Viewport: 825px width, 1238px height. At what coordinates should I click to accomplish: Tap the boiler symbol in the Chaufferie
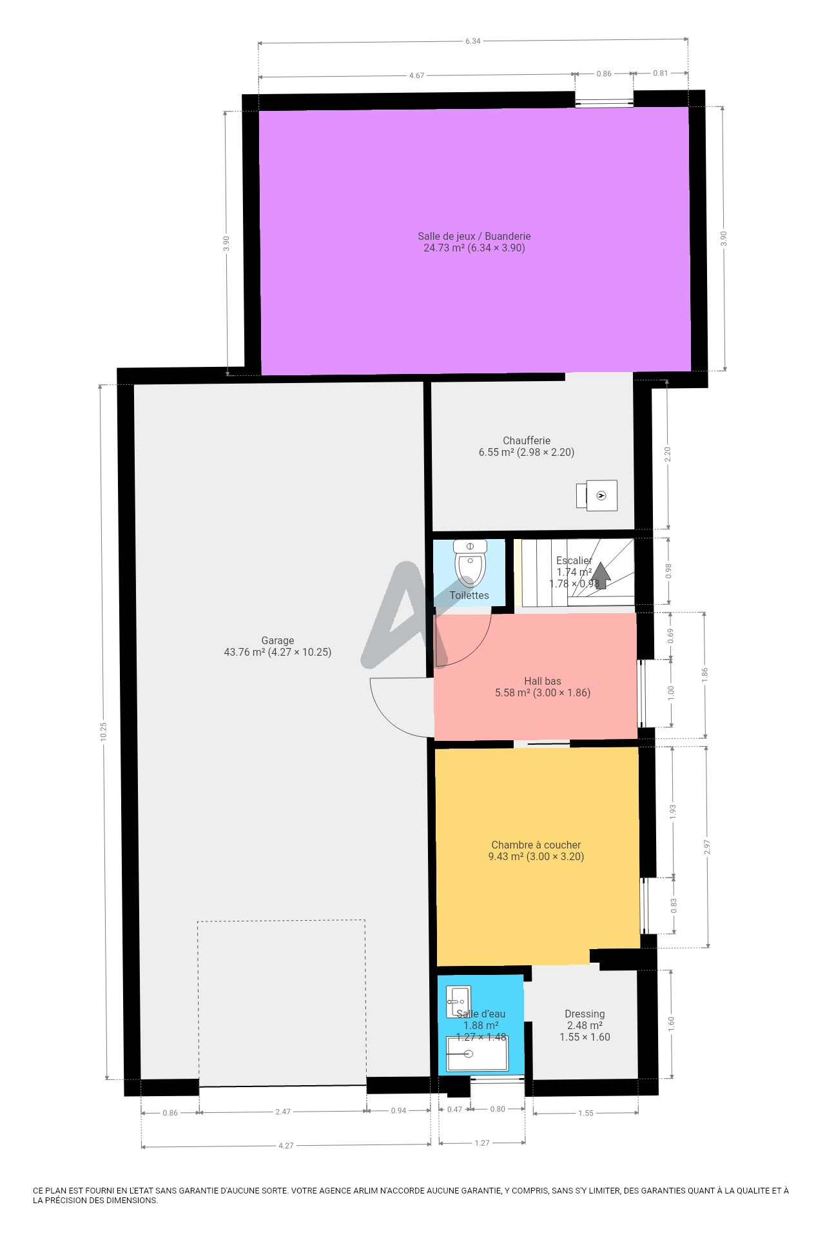tap(597, 495)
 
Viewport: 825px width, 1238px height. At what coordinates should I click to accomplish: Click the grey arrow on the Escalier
tap(601, 575)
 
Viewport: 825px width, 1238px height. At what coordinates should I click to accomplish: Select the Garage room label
tap(278, 646)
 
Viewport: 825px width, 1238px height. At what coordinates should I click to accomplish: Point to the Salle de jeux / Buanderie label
tap(474, 242)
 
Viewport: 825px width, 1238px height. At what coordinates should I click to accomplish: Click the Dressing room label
tap(585, 1025)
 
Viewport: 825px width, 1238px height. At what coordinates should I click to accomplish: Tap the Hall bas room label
tap(543, 687)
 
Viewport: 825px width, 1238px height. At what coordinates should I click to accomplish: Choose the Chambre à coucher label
tap(536, 850)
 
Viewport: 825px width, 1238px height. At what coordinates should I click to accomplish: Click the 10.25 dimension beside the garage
tap(104, 732)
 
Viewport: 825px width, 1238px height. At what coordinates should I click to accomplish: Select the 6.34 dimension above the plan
tap(473, 41)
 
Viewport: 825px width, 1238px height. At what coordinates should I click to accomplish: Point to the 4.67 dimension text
tap(417, 75)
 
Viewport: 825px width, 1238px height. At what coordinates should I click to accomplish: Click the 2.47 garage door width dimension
tap(283, 1112)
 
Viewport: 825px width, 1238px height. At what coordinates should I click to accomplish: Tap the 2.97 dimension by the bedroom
tap(708, 847)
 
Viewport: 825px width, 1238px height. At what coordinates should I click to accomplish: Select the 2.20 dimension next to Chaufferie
tap(668, 454)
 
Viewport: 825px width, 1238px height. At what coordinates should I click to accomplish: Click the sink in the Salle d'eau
tap(458, 1002)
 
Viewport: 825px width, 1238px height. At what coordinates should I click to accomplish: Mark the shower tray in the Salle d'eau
tap(478, 1053)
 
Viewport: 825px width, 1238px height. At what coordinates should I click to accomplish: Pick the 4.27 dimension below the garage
tap(286, 1146)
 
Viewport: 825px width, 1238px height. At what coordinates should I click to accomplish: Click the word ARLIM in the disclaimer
tap(365, 1191)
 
